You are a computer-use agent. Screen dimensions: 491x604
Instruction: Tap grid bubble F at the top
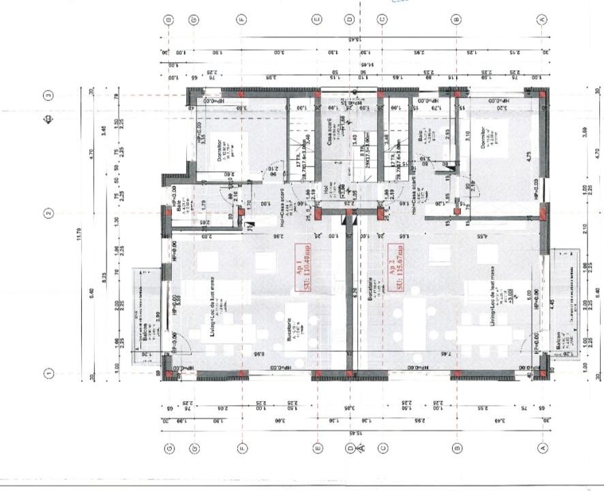point(241,20)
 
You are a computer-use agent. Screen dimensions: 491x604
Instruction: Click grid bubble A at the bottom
point(543,447)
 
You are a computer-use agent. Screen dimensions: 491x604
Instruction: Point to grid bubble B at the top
point(455,20)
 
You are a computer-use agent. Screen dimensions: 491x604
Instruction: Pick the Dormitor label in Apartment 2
point(482,139)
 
